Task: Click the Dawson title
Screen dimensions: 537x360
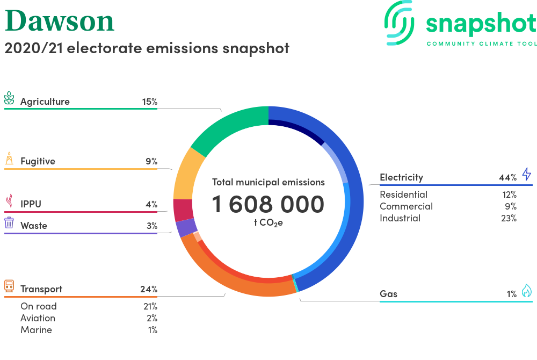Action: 60,21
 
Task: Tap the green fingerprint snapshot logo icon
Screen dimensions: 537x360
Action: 399,23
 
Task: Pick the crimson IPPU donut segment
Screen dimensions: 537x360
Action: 183,210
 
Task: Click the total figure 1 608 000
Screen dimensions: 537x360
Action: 268,205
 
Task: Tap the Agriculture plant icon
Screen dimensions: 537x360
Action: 9,98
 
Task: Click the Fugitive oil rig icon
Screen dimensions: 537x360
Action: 9,159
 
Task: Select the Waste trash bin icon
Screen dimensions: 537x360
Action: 9,222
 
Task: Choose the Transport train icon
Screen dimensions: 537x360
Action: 9,286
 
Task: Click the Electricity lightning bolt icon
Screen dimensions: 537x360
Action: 527,174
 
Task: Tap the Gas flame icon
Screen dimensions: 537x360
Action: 527,291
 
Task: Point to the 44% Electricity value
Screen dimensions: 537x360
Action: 507,177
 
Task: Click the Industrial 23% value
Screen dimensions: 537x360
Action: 509,218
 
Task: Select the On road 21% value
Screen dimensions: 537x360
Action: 150,306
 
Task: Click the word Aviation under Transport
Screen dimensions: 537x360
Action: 38,318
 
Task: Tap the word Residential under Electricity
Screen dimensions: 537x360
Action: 403,195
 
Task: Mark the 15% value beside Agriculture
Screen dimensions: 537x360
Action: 150,102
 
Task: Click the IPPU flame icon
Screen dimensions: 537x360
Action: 9,201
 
